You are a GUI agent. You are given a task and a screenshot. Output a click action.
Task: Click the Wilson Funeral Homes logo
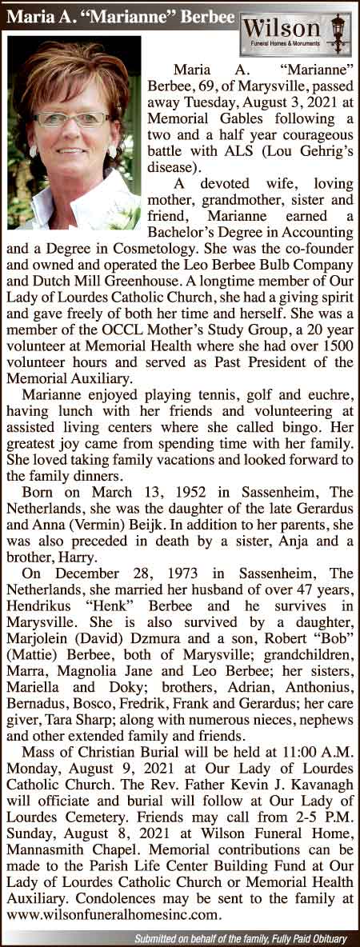[x=296, y=33]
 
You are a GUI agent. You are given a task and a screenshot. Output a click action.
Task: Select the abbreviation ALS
[x=231, y=154]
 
